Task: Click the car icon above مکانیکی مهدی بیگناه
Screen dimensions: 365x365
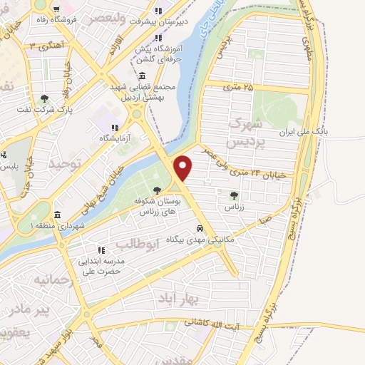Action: tap(202, 229)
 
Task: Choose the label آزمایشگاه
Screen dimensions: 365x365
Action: tap(98, 138)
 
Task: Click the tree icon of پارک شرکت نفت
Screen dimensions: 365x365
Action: tap(45, 99)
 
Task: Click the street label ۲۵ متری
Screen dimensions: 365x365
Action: tap(238, 87)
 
